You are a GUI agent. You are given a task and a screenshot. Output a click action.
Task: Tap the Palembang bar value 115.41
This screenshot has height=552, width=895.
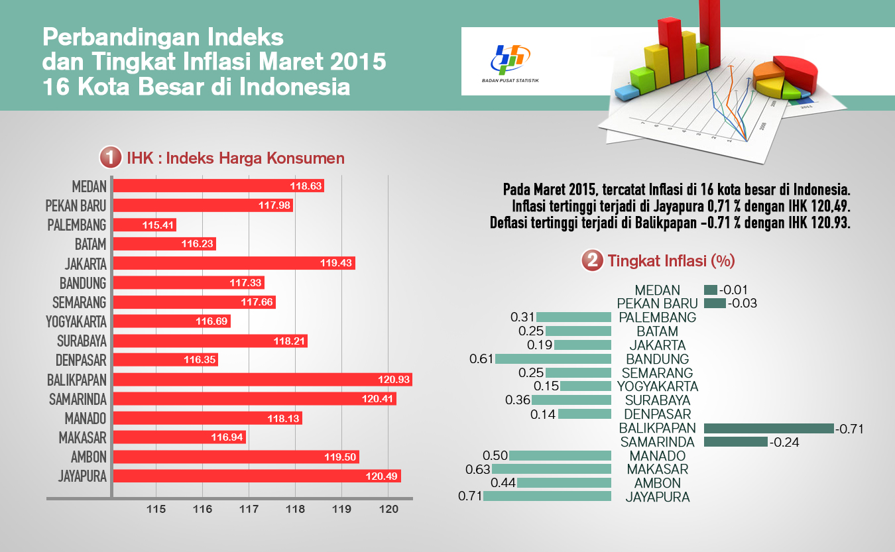[158, 225]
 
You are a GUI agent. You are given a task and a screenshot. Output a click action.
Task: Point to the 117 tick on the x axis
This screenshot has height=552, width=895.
[249, 509]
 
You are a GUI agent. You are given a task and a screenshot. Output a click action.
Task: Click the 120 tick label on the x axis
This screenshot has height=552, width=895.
[388, 509]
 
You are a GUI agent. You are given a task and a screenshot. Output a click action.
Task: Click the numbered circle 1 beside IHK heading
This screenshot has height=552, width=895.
[110, 158]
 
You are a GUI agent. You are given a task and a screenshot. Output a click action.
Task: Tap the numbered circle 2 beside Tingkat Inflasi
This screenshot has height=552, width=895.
[591, 260]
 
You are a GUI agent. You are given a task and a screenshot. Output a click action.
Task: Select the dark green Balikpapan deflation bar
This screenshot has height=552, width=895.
[768, 429]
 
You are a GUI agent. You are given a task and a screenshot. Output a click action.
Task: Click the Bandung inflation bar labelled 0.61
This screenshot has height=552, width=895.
[553, 359]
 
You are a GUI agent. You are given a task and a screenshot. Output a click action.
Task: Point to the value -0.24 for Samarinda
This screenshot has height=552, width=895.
[784, 442]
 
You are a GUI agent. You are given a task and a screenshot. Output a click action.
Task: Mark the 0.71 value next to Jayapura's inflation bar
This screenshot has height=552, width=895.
[469, 496]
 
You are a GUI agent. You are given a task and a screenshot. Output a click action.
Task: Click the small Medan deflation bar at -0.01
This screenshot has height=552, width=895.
[711, 290]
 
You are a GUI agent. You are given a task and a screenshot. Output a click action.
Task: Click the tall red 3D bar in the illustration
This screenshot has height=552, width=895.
[669, 50]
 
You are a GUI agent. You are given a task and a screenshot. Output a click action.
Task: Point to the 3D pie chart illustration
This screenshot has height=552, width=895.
[783, 79]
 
